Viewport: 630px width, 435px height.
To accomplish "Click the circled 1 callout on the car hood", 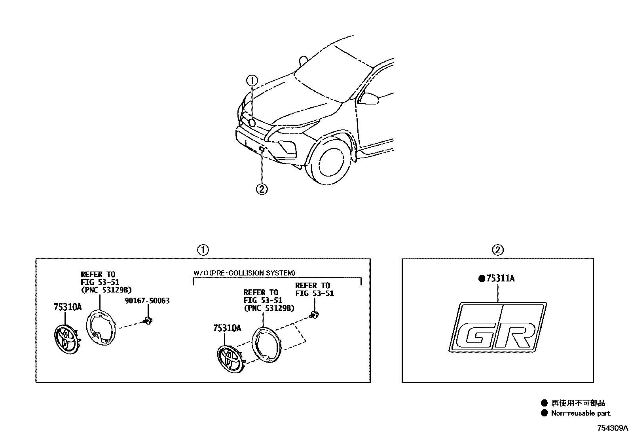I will (252, 80).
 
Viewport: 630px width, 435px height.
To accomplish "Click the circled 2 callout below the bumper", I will (262, 189).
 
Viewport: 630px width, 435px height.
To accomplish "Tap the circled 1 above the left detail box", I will (203, 250).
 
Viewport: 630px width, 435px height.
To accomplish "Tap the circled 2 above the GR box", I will (497, 250).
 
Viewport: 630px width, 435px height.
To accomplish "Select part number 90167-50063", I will (147, 301).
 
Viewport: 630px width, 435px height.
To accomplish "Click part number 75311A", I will (500, 279).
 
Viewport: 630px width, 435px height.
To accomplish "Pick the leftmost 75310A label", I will (67, 307).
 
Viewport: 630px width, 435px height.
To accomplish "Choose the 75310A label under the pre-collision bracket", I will (227, 328).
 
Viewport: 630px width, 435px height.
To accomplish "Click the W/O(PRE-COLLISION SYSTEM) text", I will (244, 273).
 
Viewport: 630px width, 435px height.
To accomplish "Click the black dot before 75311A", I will (482, 279).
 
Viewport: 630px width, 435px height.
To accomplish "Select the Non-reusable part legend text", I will (581, 413).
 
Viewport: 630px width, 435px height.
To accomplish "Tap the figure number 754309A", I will (613, 428).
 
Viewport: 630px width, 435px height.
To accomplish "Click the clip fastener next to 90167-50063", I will (149, 320).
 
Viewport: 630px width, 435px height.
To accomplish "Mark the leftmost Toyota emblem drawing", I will (66, 339).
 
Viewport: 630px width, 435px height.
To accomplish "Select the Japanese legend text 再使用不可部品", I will (578, 403).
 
